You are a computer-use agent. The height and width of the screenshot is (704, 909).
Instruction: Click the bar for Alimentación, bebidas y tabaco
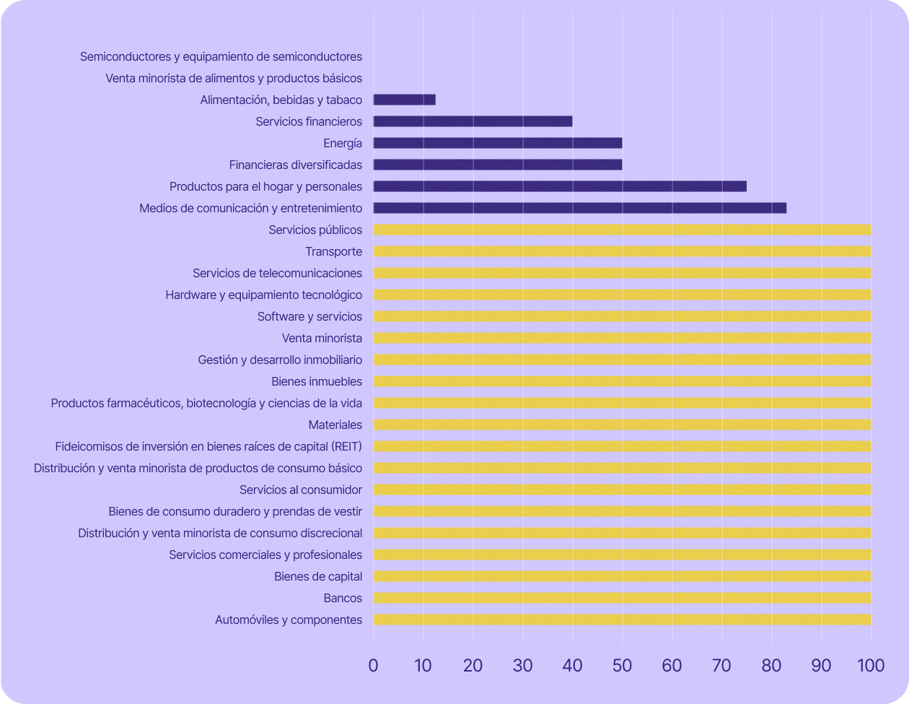coord(404,100)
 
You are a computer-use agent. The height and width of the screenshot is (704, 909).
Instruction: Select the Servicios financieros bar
coord(473,121)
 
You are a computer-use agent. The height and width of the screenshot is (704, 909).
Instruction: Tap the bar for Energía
coord(498,143)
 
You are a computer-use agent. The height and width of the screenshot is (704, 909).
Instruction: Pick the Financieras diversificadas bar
coord(498,165)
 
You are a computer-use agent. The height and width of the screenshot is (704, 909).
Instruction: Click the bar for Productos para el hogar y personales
coord(560,186)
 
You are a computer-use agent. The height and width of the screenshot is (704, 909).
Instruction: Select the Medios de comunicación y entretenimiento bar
coord(580,208)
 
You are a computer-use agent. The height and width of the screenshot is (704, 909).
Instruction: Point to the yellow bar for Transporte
coord(622,251)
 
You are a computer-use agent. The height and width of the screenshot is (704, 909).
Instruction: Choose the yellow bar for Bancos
coord(622,598)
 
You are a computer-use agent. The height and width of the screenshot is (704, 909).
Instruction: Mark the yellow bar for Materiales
coord(622,425)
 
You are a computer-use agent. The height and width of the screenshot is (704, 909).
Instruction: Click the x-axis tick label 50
coord(622,665)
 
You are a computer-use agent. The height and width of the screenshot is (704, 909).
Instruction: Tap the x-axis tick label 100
coord(871,665)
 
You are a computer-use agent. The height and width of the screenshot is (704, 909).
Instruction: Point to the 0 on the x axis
coord(373,665)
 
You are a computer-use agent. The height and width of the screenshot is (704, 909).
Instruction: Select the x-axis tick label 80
coord(771,665)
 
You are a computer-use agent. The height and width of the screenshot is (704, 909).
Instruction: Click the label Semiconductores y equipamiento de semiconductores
coord(221,56)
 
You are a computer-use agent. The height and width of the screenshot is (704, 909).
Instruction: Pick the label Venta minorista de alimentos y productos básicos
coord(234,78)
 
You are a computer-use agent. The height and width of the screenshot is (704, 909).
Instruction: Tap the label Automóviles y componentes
coord(289,620)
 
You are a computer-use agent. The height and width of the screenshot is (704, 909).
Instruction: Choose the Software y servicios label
coord(309,316)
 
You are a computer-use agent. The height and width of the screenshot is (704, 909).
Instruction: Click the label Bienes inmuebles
coord(317,381)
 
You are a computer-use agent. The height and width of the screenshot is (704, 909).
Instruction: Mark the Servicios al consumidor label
coord(301,490)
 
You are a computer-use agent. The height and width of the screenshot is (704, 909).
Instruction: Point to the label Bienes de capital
coord(318,576)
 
